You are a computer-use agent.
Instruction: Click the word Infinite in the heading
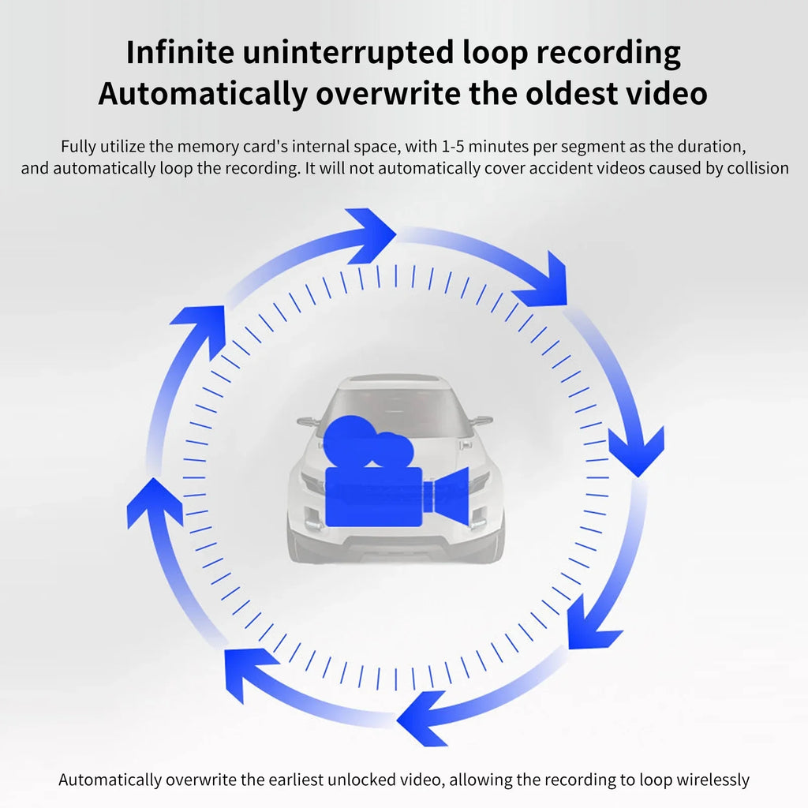tap(180, 52)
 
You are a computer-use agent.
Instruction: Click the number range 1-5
tap(453, 146)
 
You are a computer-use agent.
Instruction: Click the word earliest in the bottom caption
tap(296, 780)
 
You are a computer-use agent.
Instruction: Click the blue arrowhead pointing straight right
tap(371, 235)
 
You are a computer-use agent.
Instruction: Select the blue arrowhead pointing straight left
tap(421, 719)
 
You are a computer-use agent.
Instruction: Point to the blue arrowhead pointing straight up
tap(154, 503)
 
